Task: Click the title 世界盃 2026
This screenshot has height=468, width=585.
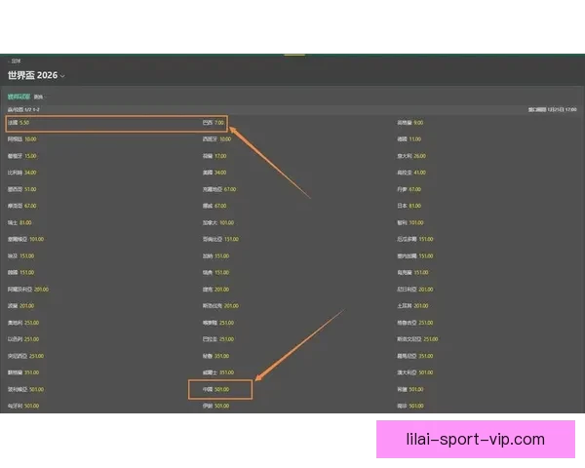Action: click(x=31, y=75)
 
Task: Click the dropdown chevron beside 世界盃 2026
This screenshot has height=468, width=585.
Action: click(x=62, y=76)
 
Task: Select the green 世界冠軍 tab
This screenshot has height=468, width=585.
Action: click(x=19, y=97)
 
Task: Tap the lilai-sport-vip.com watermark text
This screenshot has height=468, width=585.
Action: click(x=475, y=439)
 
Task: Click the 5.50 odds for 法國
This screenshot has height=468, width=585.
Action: click(x=24, y=124)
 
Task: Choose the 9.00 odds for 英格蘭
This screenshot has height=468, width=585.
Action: click(x=417, y=124)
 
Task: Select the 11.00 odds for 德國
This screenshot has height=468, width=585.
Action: click(x=414, y=139)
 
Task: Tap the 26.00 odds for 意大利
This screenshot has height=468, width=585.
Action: click(x=419, y=156)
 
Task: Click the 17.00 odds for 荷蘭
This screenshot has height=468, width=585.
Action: click(x=220, y=156)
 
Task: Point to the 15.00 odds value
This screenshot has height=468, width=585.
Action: click(x=30, y=156)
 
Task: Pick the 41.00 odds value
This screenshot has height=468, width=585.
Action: click(x=419, y=173)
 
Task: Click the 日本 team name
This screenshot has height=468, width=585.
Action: click(x=402, y=206)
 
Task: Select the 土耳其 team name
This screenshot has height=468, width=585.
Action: click(x=405, y=305)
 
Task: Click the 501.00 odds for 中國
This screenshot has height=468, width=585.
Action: click(x=221, y=389)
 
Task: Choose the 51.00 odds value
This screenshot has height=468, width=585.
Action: click(x=30, y=189)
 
